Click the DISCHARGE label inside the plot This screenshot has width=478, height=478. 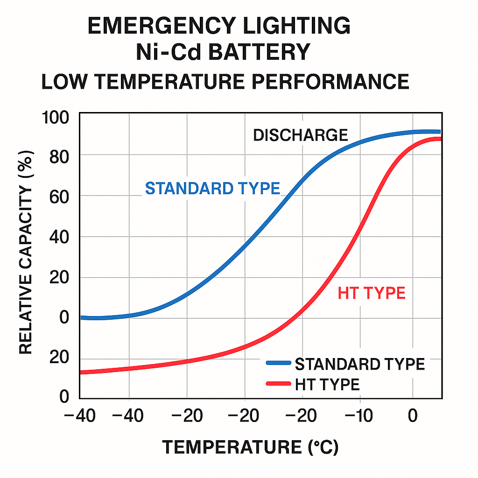300,135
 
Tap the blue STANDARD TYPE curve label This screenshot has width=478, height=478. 212,188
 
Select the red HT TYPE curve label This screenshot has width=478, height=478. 371,293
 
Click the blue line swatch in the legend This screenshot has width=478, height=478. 278,363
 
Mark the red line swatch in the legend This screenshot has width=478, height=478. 278,384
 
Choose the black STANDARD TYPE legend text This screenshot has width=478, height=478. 360,364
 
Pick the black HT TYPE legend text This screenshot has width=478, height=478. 327,385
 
